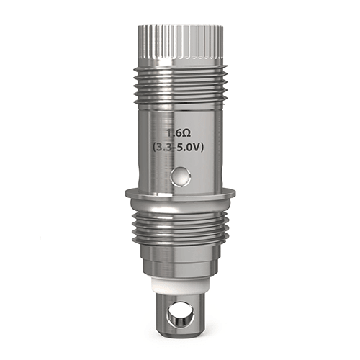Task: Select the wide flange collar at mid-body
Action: tap(180, 195)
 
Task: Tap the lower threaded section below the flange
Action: tap(180, 224)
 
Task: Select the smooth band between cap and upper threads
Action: tap(179, 64)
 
